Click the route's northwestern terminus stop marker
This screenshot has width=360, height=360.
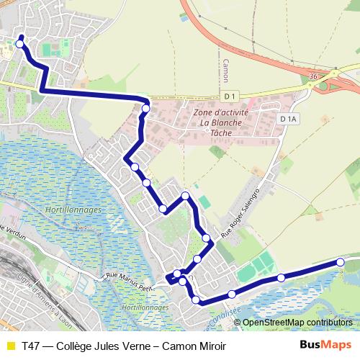(x=19, y=44)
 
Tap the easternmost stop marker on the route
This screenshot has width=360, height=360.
(x=341, y=264)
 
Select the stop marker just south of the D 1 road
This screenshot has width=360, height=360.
(x=146, y=109)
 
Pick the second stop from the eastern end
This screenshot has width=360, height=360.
(x=281, y=277)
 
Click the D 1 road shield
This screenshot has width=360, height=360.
(x=230, y=96)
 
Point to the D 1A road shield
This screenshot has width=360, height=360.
(x=289, y=119)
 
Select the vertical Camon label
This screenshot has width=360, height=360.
(x=225, y=71)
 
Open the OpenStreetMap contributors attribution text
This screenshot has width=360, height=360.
(x=297, y=322)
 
